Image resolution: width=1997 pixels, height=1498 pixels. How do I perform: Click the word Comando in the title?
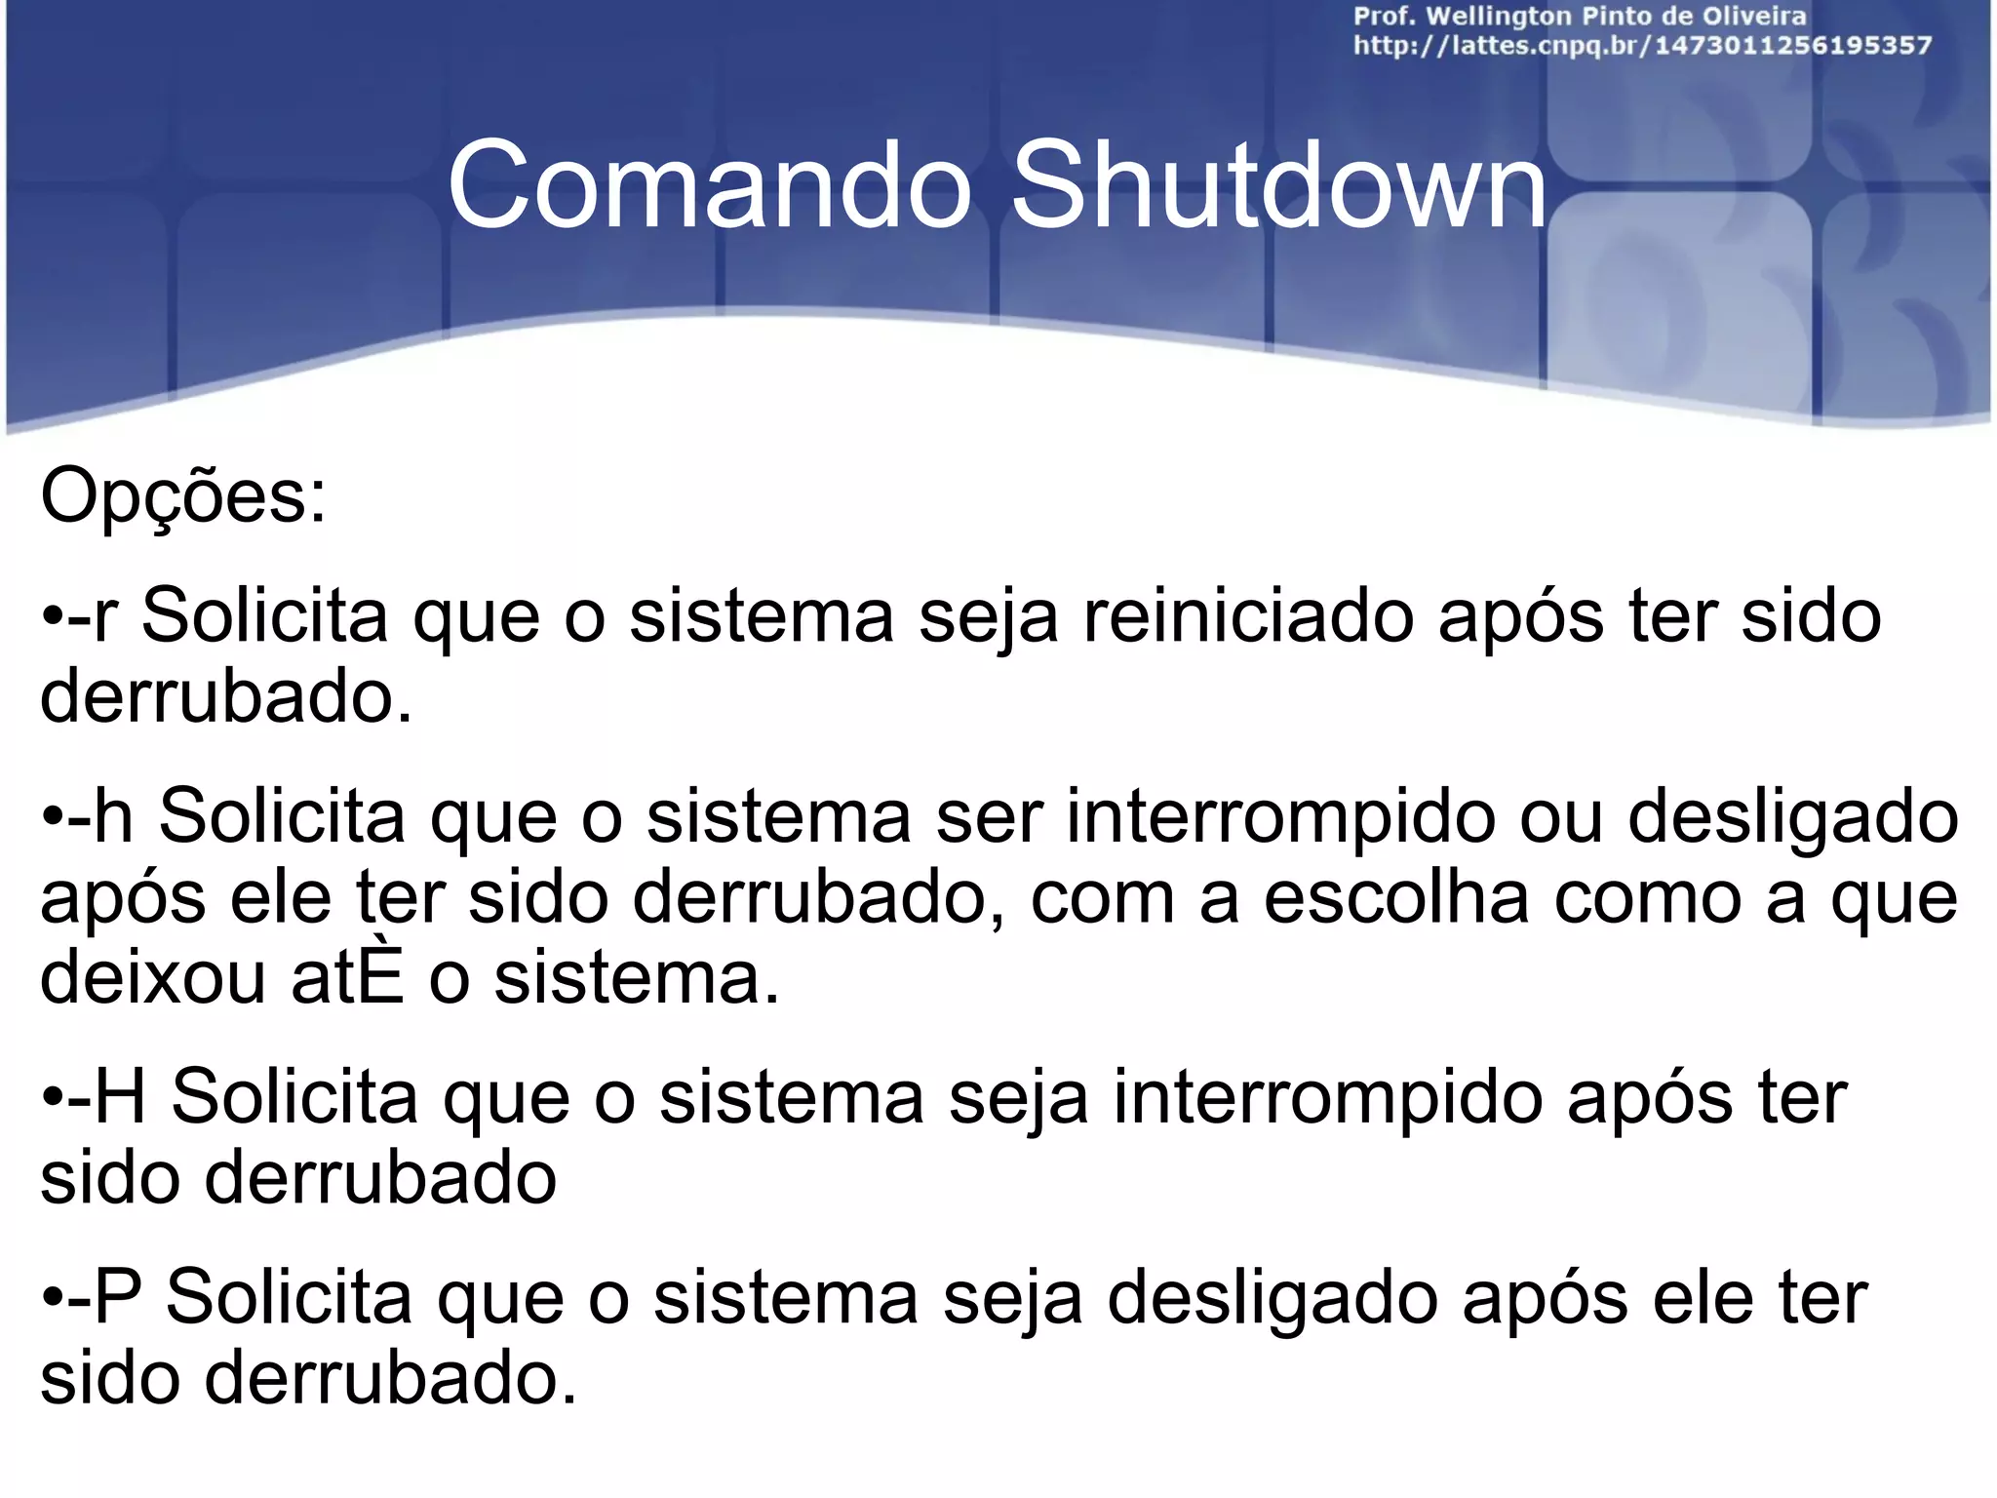[x=710, y=185]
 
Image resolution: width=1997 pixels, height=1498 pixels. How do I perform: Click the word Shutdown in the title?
[x=1278, y=185]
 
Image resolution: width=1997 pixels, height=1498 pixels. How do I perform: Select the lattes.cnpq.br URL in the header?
[x=1642, y=46]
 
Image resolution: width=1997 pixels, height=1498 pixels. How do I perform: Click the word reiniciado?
[x=1248, y=616]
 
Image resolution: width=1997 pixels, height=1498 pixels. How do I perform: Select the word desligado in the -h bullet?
[x=1793, y=816]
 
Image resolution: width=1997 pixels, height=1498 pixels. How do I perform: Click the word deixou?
[x=152, y=978]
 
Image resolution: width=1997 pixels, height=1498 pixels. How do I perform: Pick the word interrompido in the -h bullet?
[x=1280, y=816]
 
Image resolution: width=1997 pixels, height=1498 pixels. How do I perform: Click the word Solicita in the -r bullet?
[x=265, y=616]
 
